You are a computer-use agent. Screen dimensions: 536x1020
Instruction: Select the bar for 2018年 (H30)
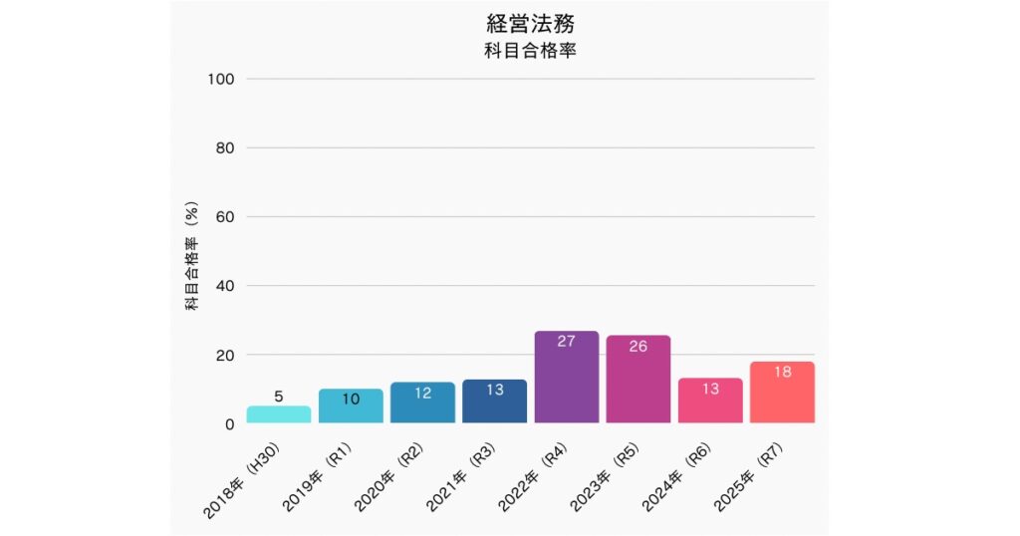tap(279, 414)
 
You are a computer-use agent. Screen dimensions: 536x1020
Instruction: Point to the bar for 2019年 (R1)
tap(351, 406)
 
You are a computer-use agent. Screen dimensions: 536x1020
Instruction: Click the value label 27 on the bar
tap(566, 342)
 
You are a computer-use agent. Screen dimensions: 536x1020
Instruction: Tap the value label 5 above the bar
tap(279, 396)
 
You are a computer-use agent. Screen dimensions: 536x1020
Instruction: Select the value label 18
tap(782, 372)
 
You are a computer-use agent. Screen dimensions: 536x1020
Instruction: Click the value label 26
tap(637, 347)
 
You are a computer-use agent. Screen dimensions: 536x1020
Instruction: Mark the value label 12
tap(422, 393)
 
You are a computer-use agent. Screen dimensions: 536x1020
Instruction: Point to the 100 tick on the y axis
tap(220, 79)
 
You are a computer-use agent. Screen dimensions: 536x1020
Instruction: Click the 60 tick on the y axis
tap(224, 217)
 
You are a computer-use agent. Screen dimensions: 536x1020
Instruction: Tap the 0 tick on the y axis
tap(229, 424)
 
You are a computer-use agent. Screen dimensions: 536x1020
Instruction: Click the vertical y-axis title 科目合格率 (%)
tap(192, 256)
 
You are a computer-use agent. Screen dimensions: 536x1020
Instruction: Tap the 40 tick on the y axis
tap(224, 286)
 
